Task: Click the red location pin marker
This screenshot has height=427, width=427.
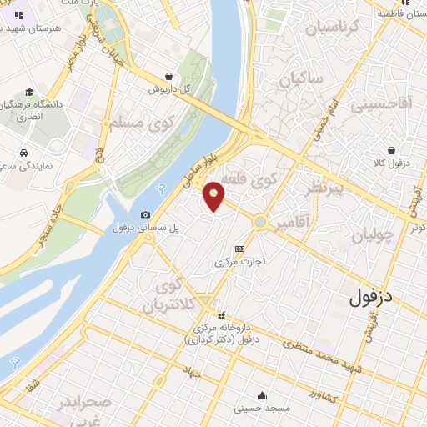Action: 214,195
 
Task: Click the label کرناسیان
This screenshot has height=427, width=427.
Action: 334,28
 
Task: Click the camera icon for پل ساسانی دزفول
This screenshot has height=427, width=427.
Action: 146,215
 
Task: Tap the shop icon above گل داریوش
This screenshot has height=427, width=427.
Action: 169,75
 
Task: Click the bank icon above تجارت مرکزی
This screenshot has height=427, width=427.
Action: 240,249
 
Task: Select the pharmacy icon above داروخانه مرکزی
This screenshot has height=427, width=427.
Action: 221,315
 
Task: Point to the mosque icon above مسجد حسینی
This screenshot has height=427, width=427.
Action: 263,395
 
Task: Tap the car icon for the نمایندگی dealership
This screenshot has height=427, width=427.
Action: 24,153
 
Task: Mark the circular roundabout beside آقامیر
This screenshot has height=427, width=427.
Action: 261,223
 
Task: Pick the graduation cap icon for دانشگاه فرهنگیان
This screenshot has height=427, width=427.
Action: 30,93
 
